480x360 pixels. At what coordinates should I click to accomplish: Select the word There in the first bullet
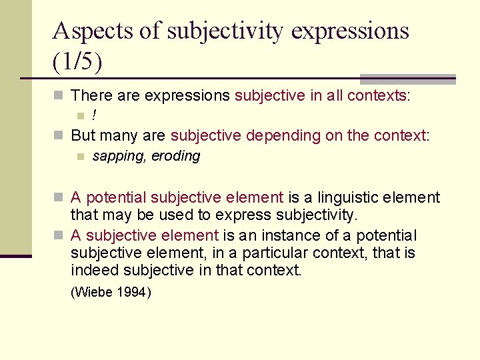91,96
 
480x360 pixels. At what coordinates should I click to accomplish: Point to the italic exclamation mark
95,116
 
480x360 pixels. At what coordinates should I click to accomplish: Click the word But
83,136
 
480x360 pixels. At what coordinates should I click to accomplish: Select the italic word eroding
176,156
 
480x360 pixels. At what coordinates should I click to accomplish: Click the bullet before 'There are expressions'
59,97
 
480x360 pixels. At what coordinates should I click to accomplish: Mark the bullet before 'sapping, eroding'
80,157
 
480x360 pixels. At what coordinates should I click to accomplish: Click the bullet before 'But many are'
59,137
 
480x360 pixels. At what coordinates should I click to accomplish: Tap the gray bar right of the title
408,79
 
